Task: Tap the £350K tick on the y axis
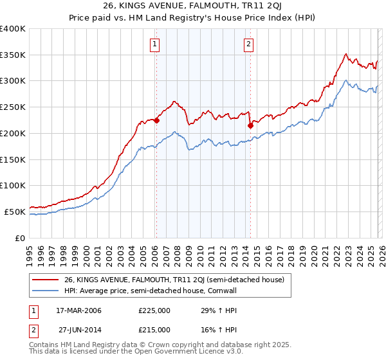[13, 55]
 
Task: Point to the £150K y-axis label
[13, 159]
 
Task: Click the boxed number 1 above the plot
[156, 44]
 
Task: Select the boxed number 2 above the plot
[248, 44]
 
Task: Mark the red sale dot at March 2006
[156, 120]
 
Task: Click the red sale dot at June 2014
[250, 125]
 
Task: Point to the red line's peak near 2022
[346, 54]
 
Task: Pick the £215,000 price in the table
[154, 329]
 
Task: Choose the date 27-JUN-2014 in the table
[76, 329]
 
